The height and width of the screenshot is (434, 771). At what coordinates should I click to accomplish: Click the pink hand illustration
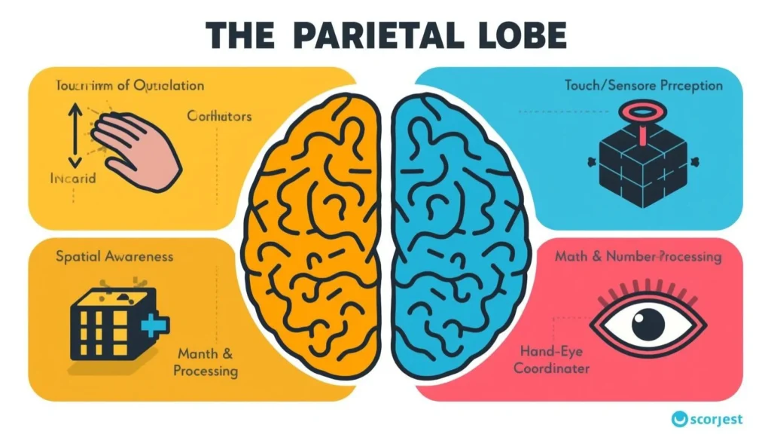(140, 147)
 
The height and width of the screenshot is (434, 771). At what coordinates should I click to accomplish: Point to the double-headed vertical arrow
(73, 136)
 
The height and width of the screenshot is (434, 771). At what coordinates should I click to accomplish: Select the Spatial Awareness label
(114, 256)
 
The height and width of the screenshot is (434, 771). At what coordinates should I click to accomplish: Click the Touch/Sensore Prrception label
(643, 85)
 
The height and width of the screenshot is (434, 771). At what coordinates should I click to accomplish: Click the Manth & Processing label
(205, 362)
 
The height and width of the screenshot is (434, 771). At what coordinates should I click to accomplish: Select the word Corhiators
(218, 117)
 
